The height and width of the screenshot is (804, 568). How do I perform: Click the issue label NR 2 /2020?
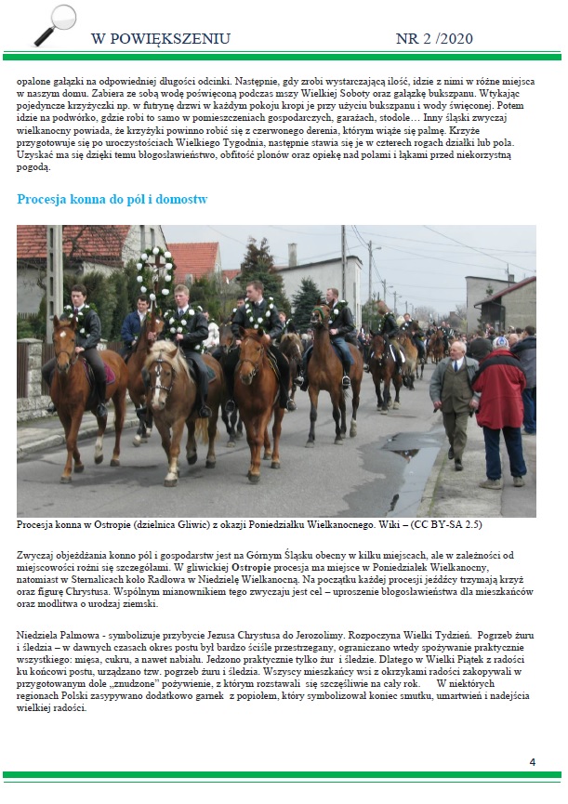pyautogui.click(x=434, y=39)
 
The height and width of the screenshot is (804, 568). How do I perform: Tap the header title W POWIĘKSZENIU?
pyautogui.click(x=160, y=39)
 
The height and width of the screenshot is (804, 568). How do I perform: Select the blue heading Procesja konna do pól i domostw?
pyautogui.click(x=112, y=199)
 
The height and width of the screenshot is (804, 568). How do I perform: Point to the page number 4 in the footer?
pyautogui.click(x=533, y=762)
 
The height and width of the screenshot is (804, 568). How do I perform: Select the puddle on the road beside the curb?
pyautogui.click(x=409, y=465)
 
